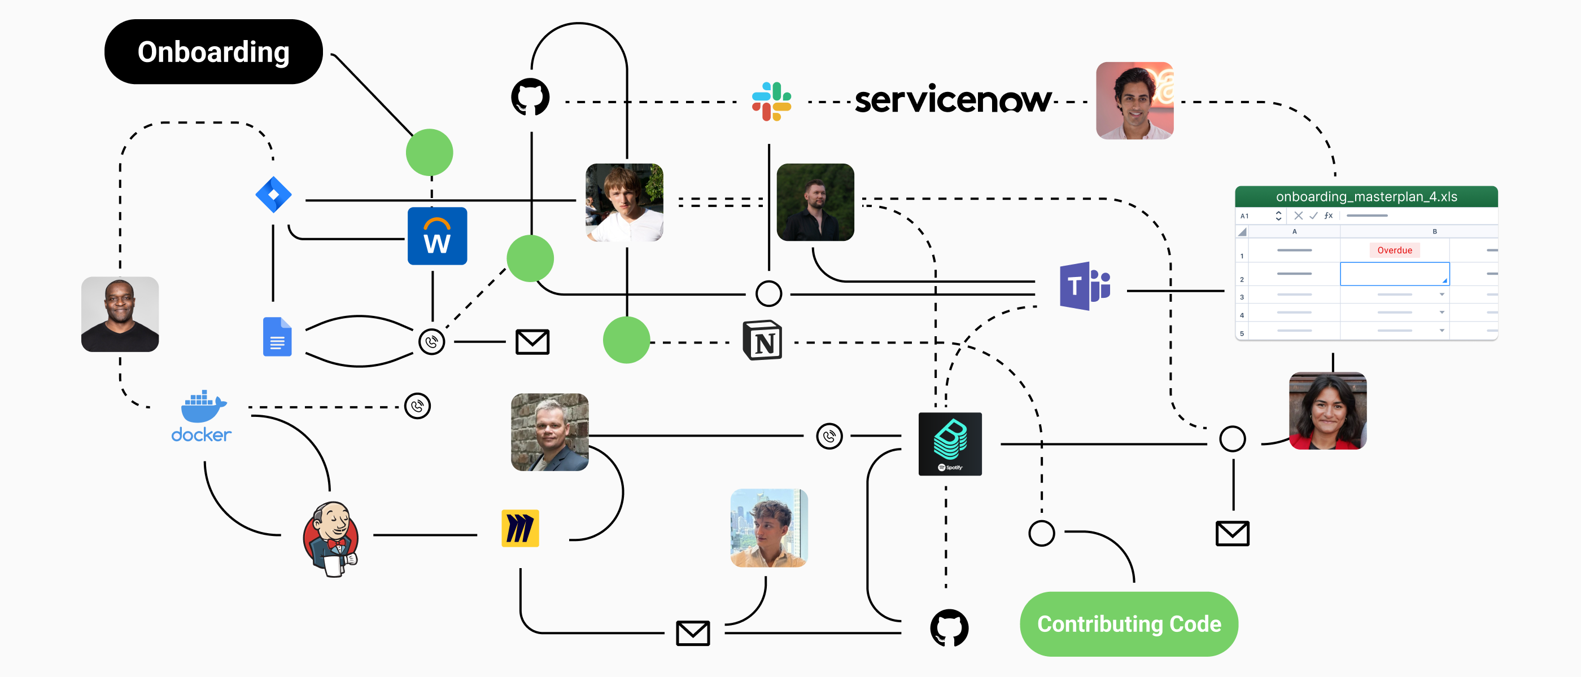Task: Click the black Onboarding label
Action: pyautogui.click(x=213, y=51)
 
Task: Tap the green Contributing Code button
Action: pyautogui.click(x=1129, y=623)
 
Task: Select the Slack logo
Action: pyautogui.click(x=771, y=102)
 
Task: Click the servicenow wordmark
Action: pyautogui.click(x=953, y=99)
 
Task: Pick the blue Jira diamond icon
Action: pyautogui.click(x=273, y=195)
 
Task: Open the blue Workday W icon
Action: pyautogui.click(x=437, y=236)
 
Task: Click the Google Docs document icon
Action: pyautogui.click(x=277, y=337)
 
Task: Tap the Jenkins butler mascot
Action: pyautogui.click(x=331, y=538)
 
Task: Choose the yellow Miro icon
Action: pyautogui.click(x=520, y=528)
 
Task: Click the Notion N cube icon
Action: pyautogui.click(x=762, y=340)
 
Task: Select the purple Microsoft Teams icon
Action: pyautogui.click(x=1085, y=286)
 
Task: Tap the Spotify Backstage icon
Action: pyautogui.click(x=950, y=444)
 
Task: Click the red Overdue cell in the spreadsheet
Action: pyautogui.click(x=1395, y=250)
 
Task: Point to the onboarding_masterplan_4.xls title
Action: pyautogui.click(x=1366, y=197)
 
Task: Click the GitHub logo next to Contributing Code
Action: pyautogui.click(x=949, y=627)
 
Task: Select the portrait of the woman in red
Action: pyautogui.click(x=1327, y=411)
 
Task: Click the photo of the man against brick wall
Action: pyautogui.click(x=549, y=432)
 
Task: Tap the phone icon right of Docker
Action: pyautogui.click(x=417, y=406)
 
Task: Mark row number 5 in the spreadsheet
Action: pyautogui.click(x=1242, y=333)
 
